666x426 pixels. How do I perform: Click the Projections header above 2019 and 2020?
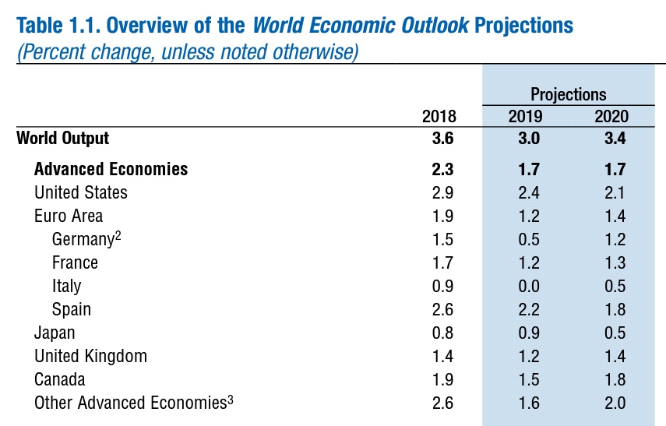[568, 94]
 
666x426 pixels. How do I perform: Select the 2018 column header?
[439, 117]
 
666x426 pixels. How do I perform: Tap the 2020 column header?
[611, 117]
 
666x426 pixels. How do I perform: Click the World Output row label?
[63, 139]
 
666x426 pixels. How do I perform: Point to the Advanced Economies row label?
[111, 169]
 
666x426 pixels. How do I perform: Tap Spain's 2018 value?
[442, 309]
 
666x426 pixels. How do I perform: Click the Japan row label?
[55, 333]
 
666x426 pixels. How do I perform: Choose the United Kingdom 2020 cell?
[615, 357]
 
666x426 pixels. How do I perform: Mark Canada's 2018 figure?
[442, 380]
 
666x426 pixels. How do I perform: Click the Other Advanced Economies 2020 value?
[615, 403]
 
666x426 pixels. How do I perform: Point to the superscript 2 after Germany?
[118, 235]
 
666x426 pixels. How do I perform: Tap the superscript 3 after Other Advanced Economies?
[231, 400]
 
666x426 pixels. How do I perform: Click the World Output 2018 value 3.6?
[442, 139]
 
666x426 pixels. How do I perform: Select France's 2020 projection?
[615, 262]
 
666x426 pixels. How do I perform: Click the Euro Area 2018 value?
[442, 216]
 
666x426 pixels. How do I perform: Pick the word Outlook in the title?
[435, 25]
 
